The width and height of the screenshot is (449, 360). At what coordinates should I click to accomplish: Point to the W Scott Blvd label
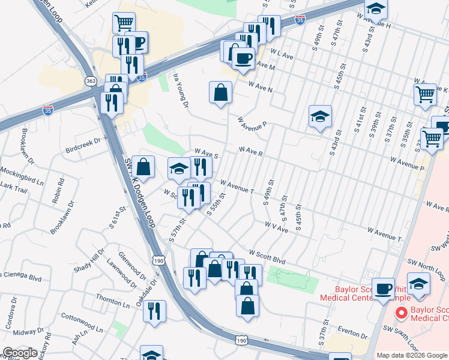click(x=268, y=257)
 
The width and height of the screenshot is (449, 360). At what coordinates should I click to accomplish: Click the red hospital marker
click(x=400, y=313)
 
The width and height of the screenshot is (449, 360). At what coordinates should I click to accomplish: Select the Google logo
click(x=20, y=353)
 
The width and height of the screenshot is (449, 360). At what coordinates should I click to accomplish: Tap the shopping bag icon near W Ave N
click(x=220, y=92)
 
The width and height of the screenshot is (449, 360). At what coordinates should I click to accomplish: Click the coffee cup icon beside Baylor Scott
click(x=383, y=289)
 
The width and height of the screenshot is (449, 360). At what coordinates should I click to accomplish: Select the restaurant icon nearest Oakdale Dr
click(x=155, y=311)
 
